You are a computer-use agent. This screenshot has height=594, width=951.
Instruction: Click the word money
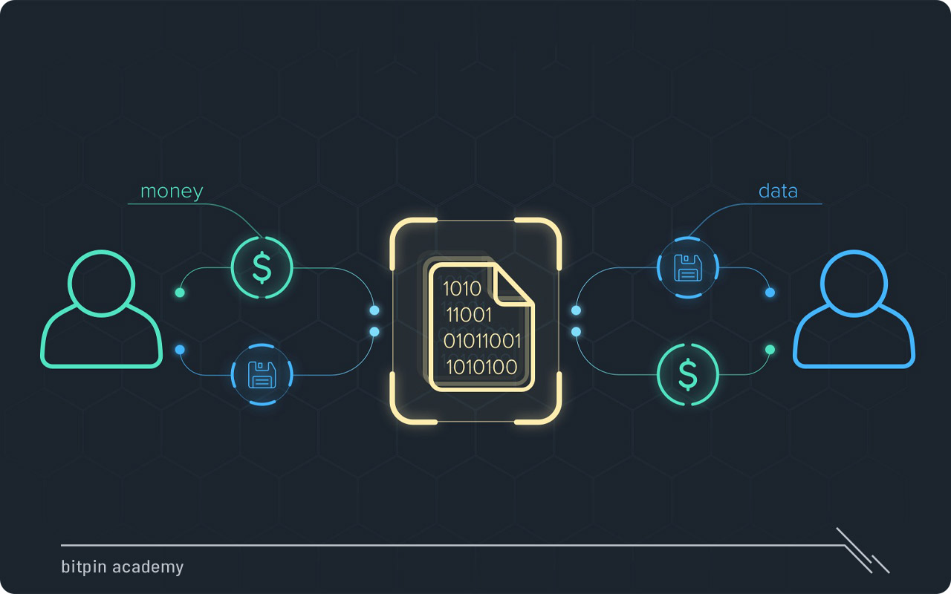tap(172, 192)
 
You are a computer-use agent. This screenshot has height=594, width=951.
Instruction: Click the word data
tap(778, 191)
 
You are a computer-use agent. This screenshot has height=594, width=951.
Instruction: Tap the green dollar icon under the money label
tap(262, 267)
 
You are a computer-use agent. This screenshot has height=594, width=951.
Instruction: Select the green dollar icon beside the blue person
tap(688, 374)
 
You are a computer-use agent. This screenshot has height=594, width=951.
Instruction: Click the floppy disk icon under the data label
tap(688, 267)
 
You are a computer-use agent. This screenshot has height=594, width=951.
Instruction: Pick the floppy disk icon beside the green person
tap(262, 374)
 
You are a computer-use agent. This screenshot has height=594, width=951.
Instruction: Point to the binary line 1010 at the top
tap(461, 289)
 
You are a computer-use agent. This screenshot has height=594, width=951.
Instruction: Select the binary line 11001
tap(469, 315)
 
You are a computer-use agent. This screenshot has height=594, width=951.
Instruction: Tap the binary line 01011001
tap(482, 341)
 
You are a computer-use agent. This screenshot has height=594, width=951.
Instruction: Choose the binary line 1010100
tap(481, 367)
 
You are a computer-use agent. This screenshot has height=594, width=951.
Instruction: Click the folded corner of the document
tap(513, 284)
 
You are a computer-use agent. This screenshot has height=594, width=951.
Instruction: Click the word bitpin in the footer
tap(84, 567)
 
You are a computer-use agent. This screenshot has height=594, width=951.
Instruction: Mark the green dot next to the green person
tap(180, 293)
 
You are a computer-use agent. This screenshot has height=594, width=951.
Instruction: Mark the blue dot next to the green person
tap(180, 350)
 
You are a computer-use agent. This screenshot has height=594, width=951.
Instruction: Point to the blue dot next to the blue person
tap(770, 293)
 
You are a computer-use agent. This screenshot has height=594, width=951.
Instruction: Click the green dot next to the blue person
tap(770, 350)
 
